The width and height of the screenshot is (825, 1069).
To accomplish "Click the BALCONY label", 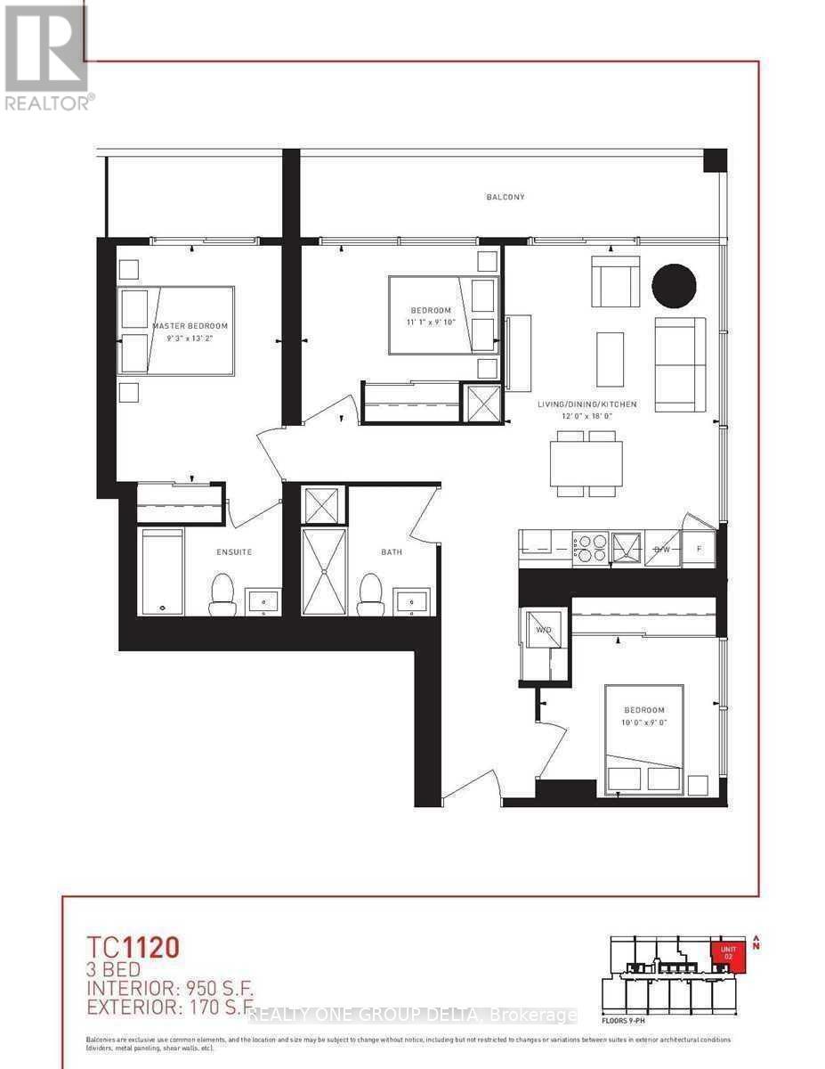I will tap(505, 197).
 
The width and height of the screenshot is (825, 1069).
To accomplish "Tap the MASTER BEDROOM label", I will tap(190, 326).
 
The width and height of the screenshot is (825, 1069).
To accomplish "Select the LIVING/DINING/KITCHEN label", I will tap(586, 404).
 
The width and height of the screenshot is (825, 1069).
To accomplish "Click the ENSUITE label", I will tap(234, 552).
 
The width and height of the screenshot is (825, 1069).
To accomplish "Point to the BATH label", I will tap(392, 552).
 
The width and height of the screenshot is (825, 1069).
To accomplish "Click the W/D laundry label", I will tap(543, 631).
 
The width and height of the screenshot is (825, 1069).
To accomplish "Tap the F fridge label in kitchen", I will tap(699, 549).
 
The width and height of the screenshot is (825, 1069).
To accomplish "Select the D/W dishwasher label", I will tap(662, 549).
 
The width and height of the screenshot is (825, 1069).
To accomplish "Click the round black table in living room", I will tap(674, 286).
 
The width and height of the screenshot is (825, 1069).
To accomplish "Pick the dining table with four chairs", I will tap(586, 463).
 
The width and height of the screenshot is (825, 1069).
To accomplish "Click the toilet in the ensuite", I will tap(222, 595).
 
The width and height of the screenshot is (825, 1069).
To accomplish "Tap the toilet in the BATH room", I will tap(369, 595).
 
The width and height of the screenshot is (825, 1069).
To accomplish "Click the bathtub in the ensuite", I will tap(162, 571).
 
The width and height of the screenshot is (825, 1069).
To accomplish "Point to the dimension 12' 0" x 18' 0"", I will tap(586, 417).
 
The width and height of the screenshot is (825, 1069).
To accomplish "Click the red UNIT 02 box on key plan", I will tap(728, 956).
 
